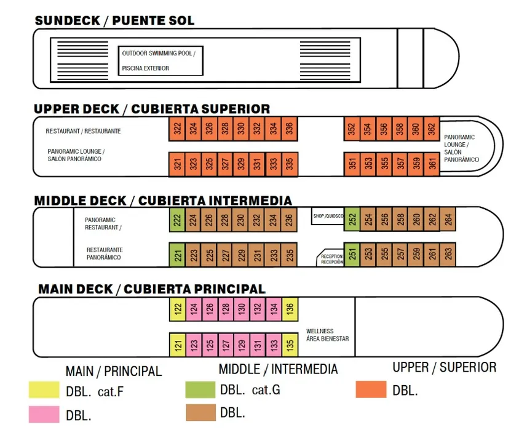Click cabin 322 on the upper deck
pyautogui.click(x=177, y=129)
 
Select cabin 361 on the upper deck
pyautogui.click(x=432, y=164)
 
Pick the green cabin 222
pyautogui.click(x=177, y=220)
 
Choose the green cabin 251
pyautogui.click(x=352, y=254)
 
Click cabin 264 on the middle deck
pyautogui.click(x=448, y=220)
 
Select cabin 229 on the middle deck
pyautogui.click(x=242, y=254)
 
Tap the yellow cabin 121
pyautogui.click(x=177, y=345)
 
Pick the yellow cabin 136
pyautogui.click(x=290, y=308)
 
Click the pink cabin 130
pyautogui.click(x=242, y=308)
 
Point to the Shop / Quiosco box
pyautogui.click(x=327, y=215)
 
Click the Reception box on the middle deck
pyautogui.click(x=331, y=259)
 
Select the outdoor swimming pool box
pyautogui.click(x=160, y=60)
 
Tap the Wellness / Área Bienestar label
pyautogui.click(x=327, y=335)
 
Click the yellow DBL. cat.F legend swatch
pyautogui.click(x=44, y=390)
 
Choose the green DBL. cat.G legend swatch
pyautogui.click(x=200, y=389)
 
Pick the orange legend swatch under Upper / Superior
pyautogui.click(x=371, y=389)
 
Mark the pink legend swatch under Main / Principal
pyautogui.click(x=44, y=415)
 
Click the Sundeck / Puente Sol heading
pyautogui.click(x=114, y=20)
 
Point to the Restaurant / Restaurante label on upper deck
pyautogui.click(x=83, y=131)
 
